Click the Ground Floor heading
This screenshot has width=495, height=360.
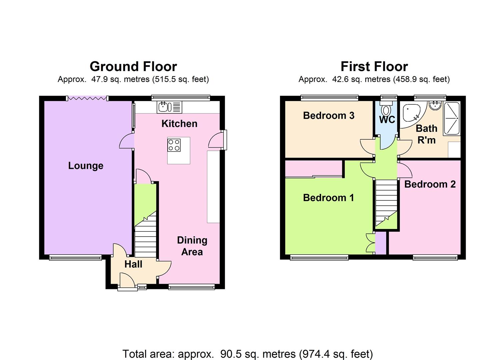tap(133, 67)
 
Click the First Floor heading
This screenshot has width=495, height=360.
tap(374, 67)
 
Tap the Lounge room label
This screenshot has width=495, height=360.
tap(86, 166)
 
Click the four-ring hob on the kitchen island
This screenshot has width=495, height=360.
tap(174, 145)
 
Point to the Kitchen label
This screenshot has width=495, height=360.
tap(179, 124)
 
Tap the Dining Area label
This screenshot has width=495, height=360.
tap(192, 246)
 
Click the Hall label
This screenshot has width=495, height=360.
tap(133, 264)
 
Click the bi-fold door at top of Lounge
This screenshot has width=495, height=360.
tap(87, 98)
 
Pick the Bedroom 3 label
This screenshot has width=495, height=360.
tap(328, 116)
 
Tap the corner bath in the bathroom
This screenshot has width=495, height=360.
tap(412, 113)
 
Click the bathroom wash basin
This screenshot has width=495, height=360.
tap(435, 106)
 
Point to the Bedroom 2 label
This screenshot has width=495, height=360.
tap(430, 184)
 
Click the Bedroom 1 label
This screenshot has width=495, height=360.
tap(328, 198)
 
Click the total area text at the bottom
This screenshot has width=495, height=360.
tap(247, 354)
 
